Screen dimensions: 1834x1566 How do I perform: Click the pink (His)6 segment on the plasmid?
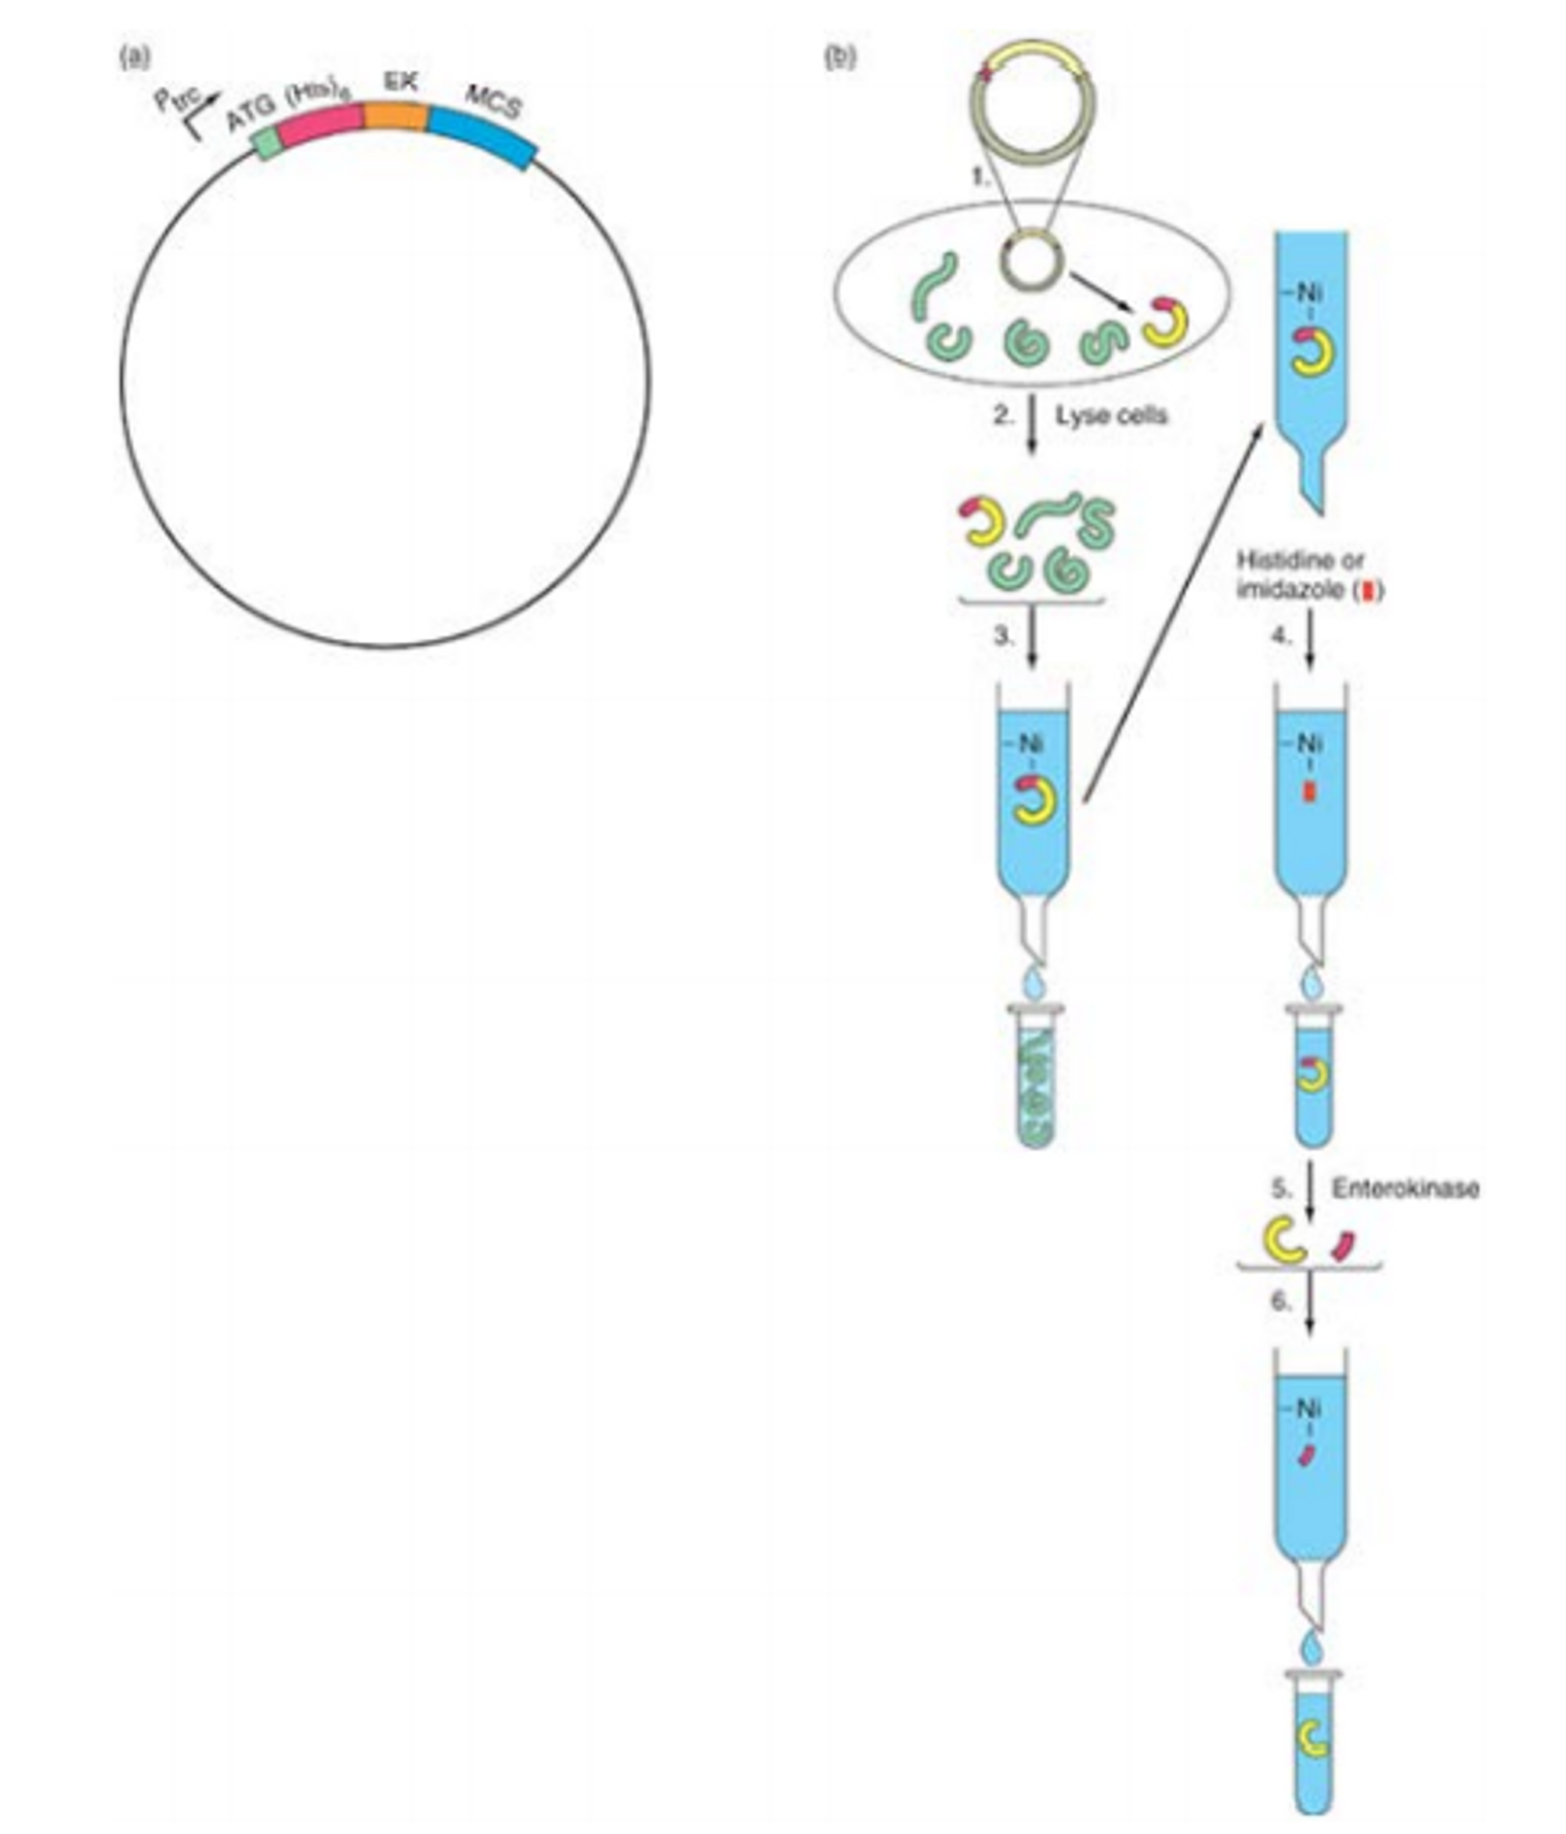tap(320, 127)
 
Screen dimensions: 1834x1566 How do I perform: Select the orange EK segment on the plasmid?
tap(395, 117)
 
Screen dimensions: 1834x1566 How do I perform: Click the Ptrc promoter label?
tap(177, 101)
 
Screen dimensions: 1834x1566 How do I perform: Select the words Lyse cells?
tap(1111, 415)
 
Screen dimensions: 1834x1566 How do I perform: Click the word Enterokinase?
tap(1405, 1187)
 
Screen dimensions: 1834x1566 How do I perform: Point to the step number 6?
tap(1281, 1301)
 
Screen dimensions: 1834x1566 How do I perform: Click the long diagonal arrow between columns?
tap(1173, 611)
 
